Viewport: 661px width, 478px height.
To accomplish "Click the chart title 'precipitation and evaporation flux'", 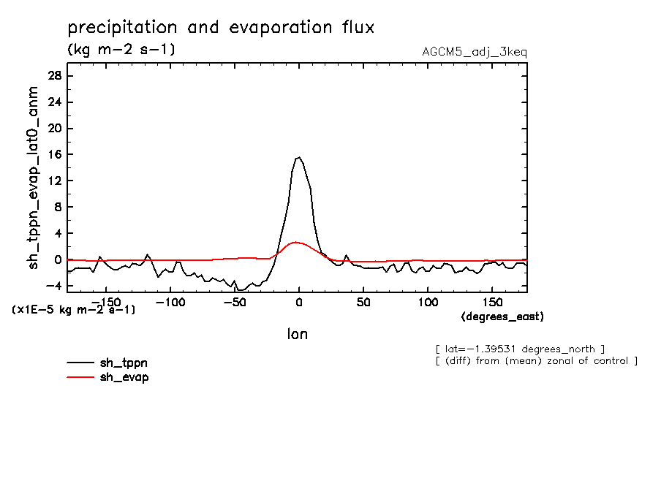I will pyautogui.click(x=221, y=28).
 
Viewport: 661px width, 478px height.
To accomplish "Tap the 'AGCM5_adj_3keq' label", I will pyautogui.click(x=474, y=52).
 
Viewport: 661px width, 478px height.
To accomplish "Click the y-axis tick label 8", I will pyautogui.click(x=58, y=208).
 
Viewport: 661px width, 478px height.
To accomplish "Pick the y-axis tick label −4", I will pyautogui.click(x=55, y=286).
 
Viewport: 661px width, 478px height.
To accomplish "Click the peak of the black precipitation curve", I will pyautogui.click(x=298, y=157).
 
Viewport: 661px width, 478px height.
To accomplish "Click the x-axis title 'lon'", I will pyautogui.click(x=297, y=334).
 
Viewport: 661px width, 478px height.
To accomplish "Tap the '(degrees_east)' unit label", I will pyautogui.click(x=502, y=316).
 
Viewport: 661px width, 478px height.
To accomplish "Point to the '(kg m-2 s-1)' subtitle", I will pyautogui.click(x=121, y=50).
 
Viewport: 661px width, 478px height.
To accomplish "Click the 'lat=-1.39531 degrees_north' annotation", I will pyautogui.click(x=520, y=348).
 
